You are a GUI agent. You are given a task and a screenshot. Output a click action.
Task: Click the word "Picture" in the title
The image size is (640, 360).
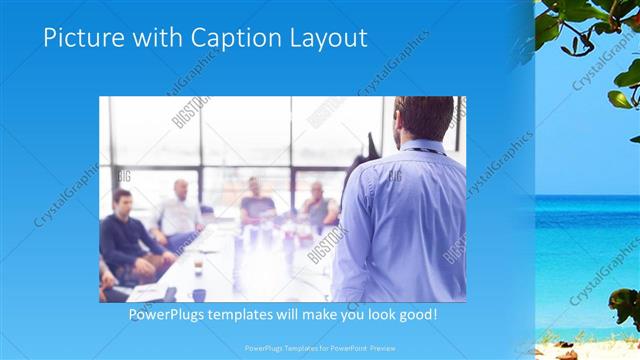pyautogui.click(x=83, y=38)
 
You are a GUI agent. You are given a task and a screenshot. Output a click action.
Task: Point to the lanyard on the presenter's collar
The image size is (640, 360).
pyautogui.click(x=415, y=150)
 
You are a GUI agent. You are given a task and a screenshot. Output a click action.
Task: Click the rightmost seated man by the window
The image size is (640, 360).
pyautogui.click(x=318, y=204)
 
